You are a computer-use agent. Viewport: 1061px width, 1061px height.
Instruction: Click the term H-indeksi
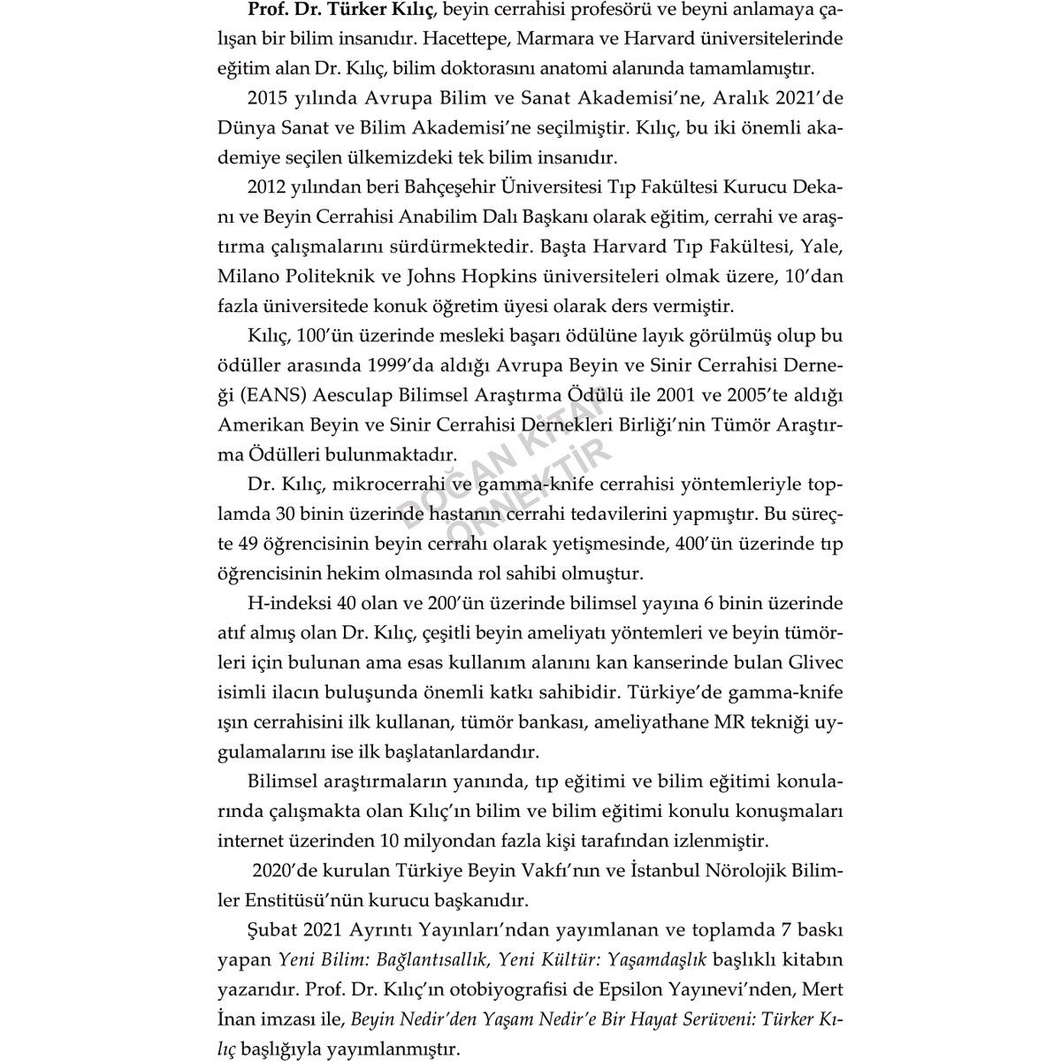click(x=288, y=604)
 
